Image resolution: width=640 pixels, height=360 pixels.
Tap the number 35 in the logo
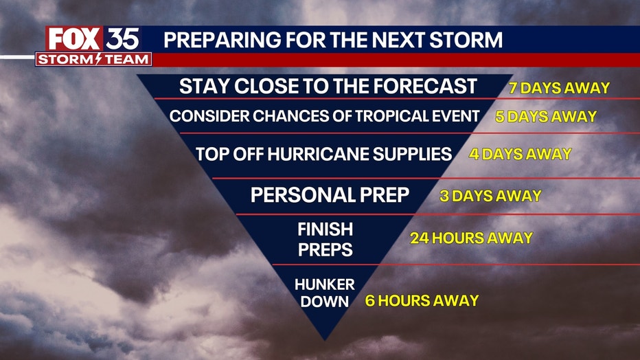coord(122,40)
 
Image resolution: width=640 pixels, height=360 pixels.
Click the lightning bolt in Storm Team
coord(98,59)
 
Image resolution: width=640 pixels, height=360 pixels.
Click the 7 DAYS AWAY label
coord(559,88)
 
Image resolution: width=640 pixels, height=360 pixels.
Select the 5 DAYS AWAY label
coord(546,117)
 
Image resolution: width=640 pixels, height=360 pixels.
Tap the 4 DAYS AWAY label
coord(520,155)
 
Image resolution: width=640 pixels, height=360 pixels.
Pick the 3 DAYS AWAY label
coord(490,196)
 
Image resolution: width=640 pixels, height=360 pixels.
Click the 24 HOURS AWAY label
coord(472,238)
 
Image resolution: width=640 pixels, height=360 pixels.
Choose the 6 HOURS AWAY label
coord(422,301)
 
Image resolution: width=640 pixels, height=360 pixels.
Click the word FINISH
coord(325,229)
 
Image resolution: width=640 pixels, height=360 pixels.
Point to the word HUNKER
coord(325,284)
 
